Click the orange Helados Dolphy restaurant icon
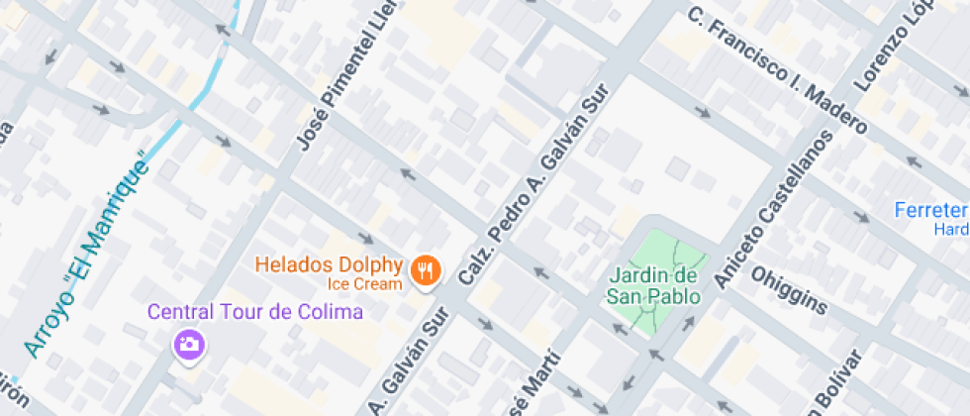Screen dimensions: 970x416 coord(427,269)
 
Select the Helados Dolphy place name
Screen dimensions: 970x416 coord(329,265)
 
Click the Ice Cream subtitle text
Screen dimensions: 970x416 coord(365,284)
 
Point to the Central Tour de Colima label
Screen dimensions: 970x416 coord(255,312)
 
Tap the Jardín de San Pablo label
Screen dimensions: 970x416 coord(653,285)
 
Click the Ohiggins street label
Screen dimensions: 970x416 coord(789,288)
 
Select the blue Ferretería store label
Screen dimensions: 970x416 coord(930,210)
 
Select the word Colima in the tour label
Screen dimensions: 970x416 coord(331,312)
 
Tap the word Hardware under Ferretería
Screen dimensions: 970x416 coord(951,229)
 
